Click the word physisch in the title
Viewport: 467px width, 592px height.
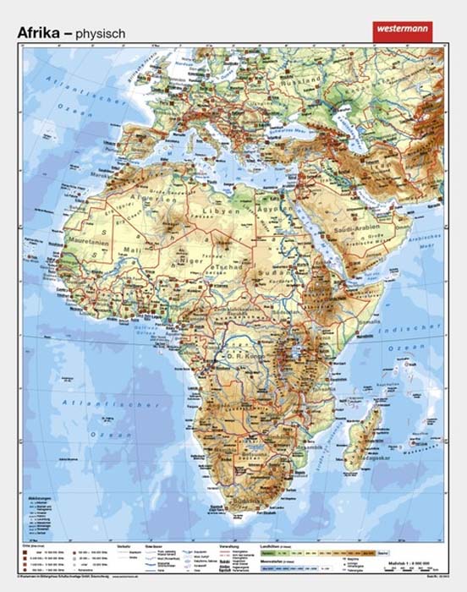pos(101,33)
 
